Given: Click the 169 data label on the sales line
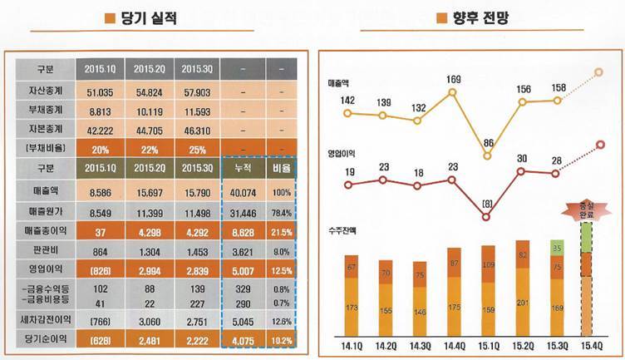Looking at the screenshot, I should [x=453, y=81].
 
